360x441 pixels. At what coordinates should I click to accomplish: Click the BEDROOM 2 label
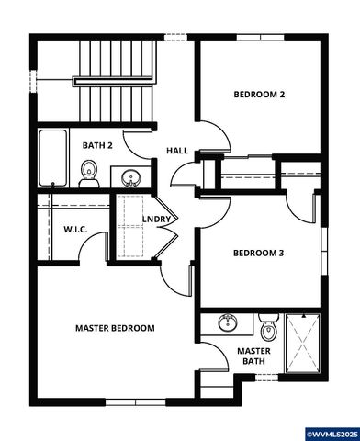tap(259, 95)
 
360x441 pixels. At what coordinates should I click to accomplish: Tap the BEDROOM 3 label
tap(259, 254)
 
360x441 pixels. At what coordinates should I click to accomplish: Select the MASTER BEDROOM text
tap(115, 328)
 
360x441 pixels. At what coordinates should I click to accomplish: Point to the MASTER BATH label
tap(253, 356)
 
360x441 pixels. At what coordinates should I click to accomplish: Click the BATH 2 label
tap(97, 145)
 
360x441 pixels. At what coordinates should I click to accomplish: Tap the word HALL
tap(177, 151)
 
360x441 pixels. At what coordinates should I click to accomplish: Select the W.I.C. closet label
tap(75, 229)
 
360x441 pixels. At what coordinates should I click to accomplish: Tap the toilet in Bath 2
tap(89, 171)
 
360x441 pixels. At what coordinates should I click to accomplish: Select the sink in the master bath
tap(228, 323)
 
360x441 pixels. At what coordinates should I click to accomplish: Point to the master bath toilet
tap(268, 327)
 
